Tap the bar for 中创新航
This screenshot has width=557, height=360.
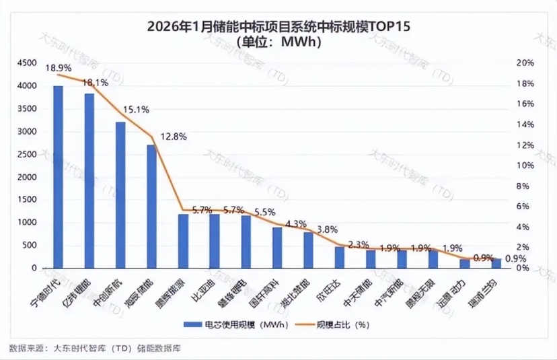[120, 195]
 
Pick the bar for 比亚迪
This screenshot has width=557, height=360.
[214, 241]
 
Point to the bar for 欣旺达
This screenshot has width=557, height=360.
[339, 257]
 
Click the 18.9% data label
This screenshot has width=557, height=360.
[59, 68]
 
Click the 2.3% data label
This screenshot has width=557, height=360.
[359, 244]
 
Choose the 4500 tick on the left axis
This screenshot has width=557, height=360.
[28, 63]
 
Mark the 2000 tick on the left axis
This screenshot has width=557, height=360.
[28, 177]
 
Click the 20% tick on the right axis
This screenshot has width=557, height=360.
[524, 63]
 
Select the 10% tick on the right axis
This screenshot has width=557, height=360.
[524, 166]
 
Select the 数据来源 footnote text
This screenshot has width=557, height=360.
[95, 348]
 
